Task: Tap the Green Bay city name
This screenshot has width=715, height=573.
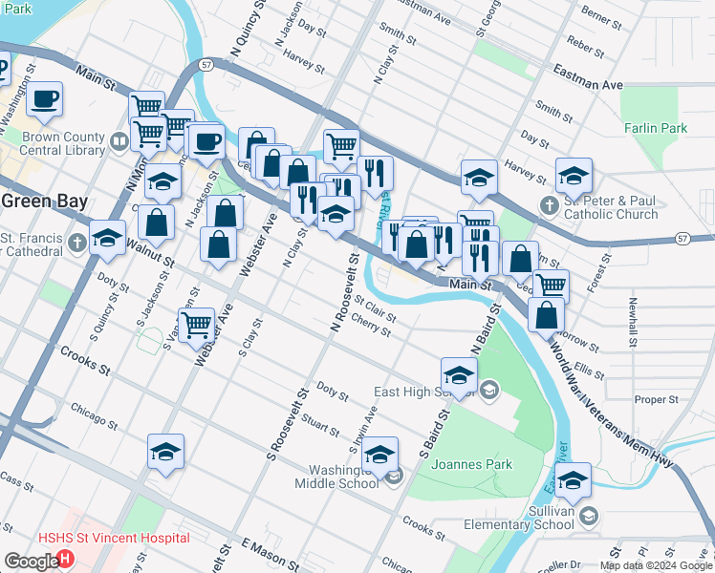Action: pyautogui.click(x=44, y=202)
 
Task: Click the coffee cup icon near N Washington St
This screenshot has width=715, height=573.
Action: pyautogui.click(x=43, y=98)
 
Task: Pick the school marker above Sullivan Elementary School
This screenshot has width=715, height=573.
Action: pyautogui.click(x=574, y=479)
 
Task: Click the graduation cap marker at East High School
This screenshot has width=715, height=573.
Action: pyautogui.click(x=459, y=374)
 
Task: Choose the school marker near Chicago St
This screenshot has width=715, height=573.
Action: pyautogui.click(x=165, y=451)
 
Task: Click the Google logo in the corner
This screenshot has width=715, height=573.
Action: pyautogui.click(x=31, y=562)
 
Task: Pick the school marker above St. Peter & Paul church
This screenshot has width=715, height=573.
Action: pyautogui.click(x=574, y=175)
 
